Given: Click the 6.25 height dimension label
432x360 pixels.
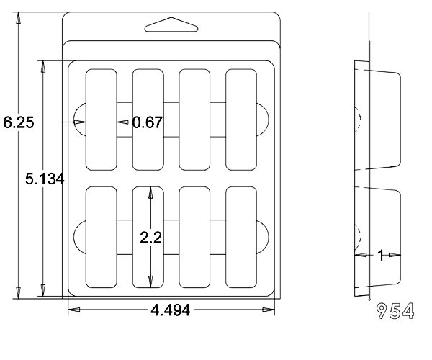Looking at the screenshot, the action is tap(19, 122).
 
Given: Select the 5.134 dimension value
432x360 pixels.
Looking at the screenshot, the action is tap(45, 179).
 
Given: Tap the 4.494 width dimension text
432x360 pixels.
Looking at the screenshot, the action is tap(170, 310).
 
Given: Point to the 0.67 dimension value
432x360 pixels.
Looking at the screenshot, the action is tap(148, 122).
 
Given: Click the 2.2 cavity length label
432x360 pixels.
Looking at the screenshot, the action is tap(150, 238).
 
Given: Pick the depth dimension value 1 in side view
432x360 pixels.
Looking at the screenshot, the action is tap(381, 255).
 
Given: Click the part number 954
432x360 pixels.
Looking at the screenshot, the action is tap(395, 311).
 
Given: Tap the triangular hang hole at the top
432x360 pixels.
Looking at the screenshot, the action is tap(171, 24).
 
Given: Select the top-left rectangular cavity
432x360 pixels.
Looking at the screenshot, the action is tap(101, 120).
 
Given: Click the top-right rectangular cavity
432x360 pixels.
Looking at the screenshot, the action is tap(241, 120).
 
